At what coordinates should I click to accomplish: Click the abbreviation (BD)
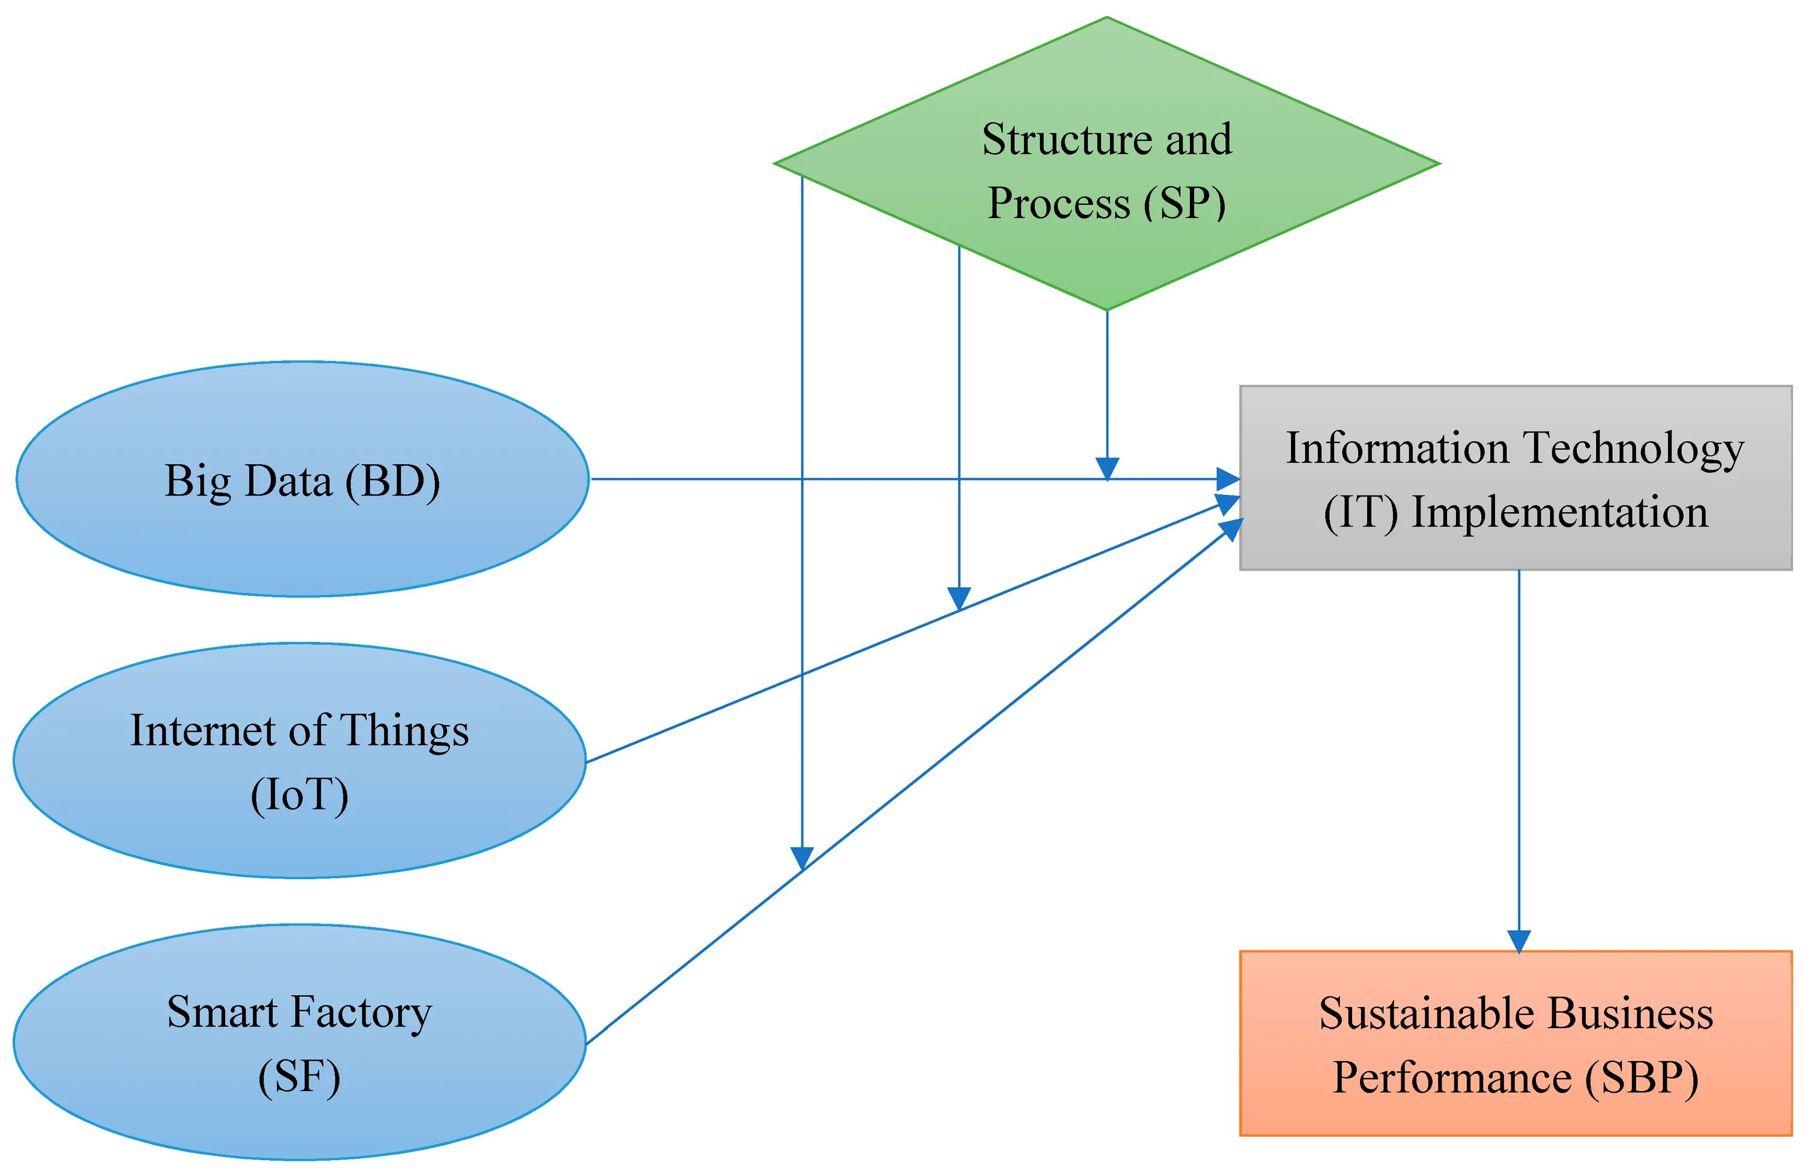[x=392, y=482]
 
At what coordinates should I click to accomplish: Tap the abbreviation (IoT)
[x=300, y=795]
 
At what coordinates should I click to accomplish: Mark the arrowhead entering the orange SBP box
[x=1519, y=941]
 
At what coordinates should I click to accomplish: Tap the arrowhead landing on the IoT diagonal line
[x=959, y=598]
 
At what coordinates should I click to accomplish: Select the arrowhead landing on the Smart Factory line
[x=802, y=858]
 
